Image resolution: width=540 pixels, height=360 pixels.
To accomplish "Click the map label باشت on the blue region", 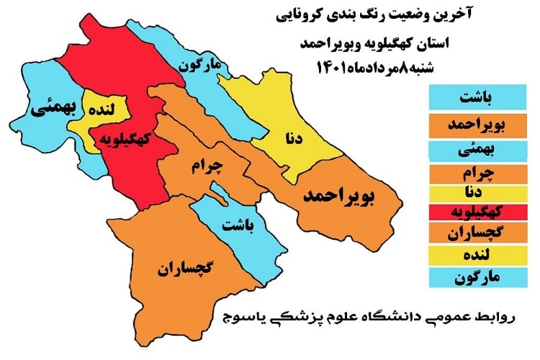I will [238, 226].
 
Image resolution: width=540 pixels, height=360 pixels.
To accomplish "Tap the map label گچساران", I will [184, 270].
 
